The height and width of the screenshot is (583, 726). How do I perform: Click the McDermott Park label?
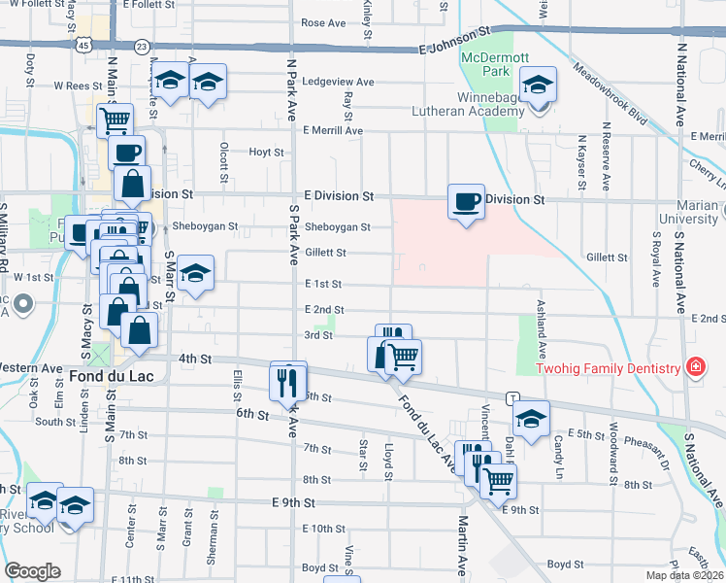click(x=484, y=64)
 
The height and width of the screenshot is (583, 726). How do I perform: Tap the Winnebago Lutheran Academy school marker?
click(x=537, y=86)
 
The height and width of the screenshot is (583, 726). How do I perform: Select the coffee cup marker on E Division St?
click(x=466, y=202)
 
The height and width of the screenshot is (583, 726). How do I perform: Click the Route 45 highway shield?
click(x=85, y=46)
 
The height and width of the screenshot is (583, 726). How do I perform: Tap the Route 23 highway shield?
click(x=143, y=46)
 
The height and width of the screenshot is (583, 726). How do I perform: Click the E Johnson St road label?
click(x=452, y=41)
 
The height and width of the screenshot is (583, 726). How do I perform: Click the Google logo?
click(x=33, y=571)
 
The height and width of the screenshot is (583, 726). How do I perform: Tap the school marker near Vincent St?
click(x=531, y=419)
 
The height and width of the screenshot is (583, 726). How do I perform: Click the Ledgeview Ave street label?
click(x=338, y=83)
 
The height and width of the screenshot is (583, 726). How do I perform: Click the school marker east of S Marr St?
click(x=196, y=274)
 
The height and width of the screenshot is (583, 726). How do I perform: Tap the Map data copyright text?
click(x=685, y=574)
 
